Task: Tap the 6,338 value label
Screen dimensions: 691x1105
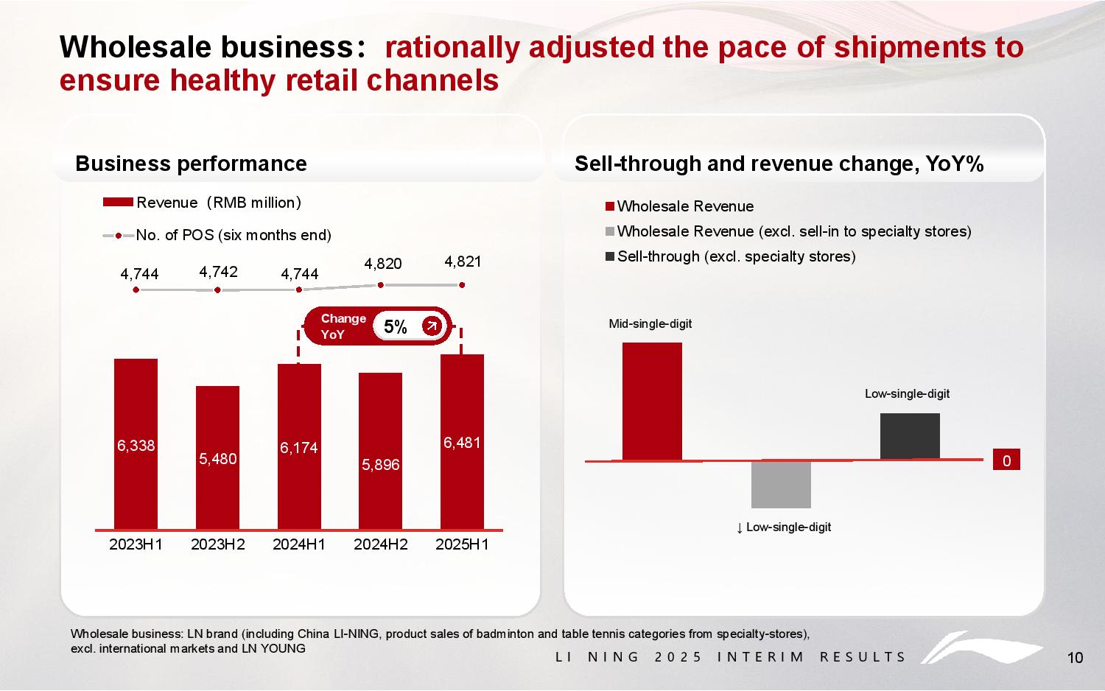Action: [x=136, y=445]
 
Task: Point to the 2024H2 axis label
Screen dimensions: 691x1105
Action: [x=381, y=545]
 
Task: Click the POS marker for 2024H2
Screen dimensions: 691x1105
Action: [x=381, y=285]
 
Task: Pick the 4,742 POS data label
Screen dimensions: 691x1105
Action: [x=218, y=272]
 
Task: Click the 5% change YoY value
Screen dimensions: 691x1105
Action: [x=396, y=327]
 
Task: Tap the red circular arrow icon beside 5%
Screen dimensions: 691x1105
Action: [x=431, y=326]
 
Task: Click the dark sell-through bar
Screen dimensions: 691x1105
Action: [x=910, y=436]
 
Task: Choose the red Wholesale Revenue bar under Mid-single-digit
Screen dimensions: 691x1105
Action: [x=652, y=401]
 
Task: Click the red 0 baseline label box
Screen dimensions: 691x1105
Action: [x=1006, y=460]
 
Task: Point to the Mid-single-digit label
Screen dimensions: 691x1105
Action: [x=650, y=324]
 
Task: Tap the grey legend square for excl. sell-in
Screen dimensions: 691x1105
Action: [x=609, y=232]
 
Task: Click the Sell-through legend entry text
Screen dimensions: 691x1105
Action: [x=736, y=256]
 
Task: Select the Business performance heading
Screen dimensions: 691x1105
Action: [x=191, y=164]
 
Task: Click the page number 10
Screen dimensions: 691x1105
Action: [x=1075, y=658]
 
